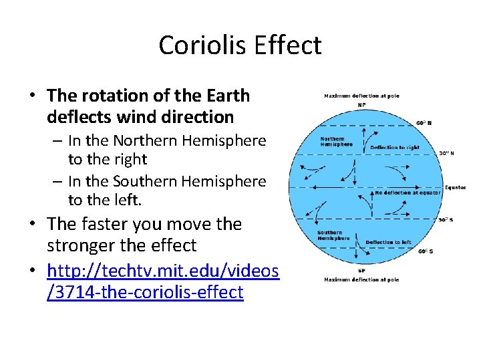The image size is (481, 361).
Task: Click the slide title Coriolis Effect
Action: click(x=240, y=45)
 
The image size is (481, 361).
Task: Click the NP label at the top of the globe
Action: click(x=361, y=105)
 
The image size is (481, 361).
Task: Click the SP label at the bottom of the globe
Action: click(x=361, y=271)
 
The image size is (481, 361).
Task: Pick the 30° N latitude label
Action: click(x=446, y=153)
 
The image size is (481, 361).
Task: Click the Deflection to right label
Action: click(x=394, y=147)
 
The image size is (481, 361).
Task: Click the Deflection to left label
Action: click(x=388, y=242)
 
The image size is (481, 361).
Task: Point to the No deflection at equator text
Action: click(x=407, y=193)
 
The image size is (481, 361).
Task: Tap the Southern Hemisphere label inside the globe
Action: click(x=333, y=235)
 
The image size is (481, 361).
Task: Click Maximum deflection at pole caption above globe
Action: click(x=361, y=96)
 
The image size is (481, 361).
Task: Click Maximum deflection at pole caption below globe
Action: click(x=361, y=279)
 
